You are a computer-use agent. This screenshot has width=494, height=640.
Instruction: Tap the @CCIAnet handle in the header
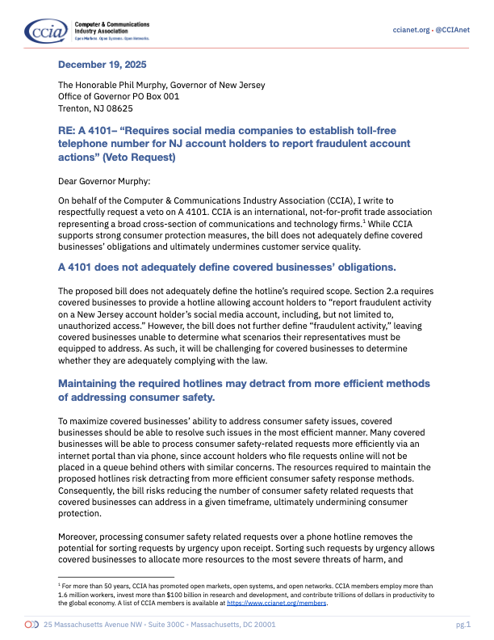[x=452, y=30]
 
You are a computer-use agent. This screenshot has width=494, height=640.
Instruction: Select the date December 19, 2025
[x=102, y=64]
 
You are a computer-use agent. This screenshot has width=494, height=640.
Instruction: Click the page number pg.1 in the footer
[x=463, y=625]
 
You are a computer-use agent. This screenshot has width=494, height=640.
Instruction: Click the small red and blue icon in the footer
[x=31, y=625]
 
